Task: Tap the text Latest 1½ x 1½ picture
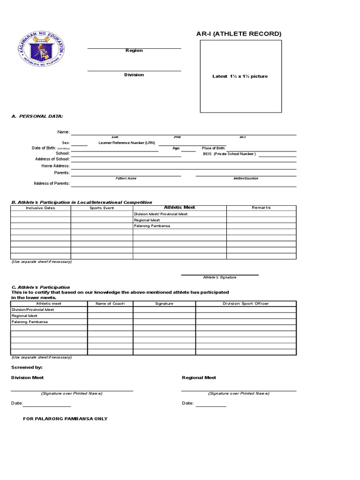click(240, 76)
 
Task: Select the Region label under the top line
click(134, 51)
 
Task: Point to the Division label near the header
click(134, 75)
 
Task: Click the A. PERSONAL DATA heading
click(37, 116)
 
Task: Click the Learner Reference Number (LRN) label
click(127, 142)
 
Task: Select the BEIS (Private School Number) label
click(229, 154)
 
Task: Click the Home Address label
click(52, 166)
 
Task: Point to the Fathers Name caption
click(126, 179)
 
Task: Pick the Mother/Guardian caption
click(246, 179)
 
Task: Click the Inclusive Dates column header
click(40, 208)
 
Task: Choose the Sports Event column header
click(102, 208)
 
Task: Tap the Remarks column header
click(261, 208)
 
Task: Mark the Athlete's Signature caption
click(219, 277)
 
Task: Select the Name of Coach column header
click(110, 304)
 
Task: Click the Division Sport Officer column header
click(246, 304)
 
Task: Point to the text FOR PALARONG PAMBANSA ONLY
click(65, 419)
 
